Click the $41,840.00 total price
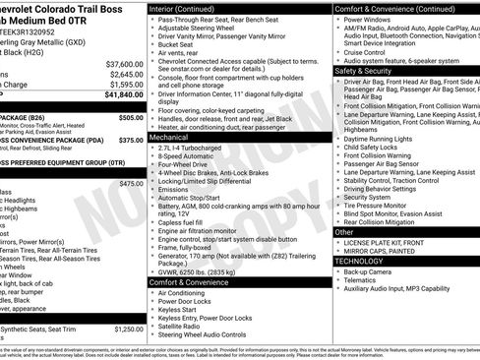coord(117,95)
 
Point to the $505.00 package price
coord(130,117)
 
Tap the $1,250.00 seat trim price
coord(129,330)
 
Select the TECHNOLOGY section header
coord(358,261)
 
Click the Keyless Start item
coord(179,310)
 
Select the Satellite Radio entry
coord(182,327)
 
